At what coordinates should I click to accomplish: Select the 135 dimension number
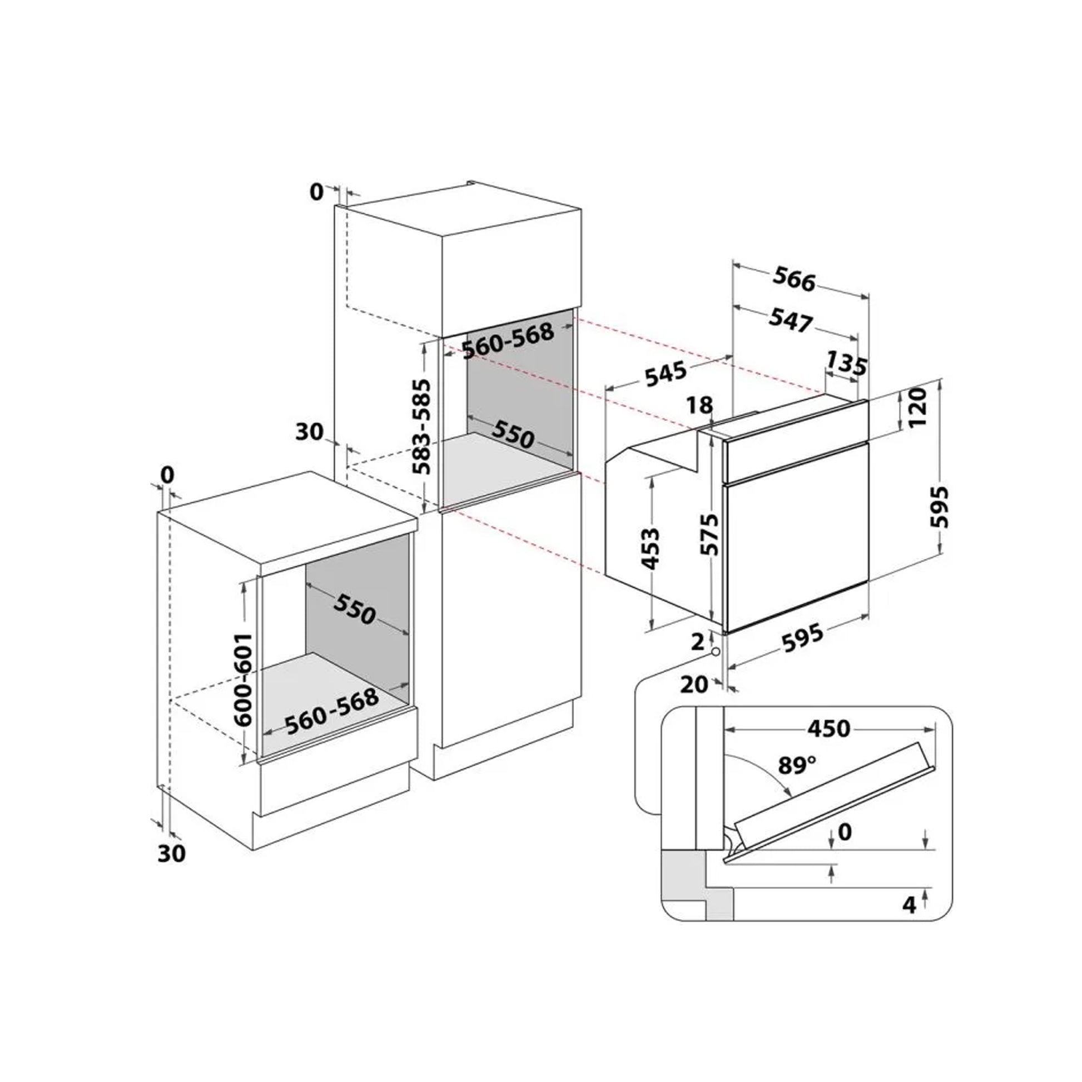(x=847, y=363)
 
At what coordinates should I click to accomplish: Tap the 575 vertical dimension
(x=709, y=534)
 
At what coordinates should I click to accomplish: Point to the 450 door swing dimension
(x=829, y=728)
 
